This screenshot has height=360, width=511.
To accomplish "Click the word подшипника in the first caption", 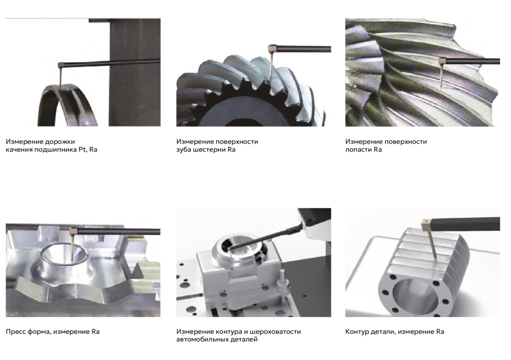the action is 55,150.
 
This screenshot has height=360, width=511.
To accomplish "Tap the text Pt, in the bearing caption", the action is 83,150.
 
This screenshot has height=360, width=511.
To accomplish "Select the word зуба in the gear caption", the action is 184,150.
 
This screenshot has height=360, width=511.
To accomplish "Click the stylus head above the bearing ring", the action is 60,65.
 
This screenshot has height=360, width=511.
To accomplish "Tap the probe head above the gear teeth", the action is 272,48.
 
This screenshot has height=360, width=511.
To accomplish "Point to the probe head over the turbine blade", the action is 442,60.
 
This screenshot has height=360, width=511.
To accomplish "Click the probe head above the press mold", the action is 73,231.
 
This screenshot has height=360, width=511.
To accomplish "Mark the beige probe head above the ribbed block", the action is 426,225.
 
